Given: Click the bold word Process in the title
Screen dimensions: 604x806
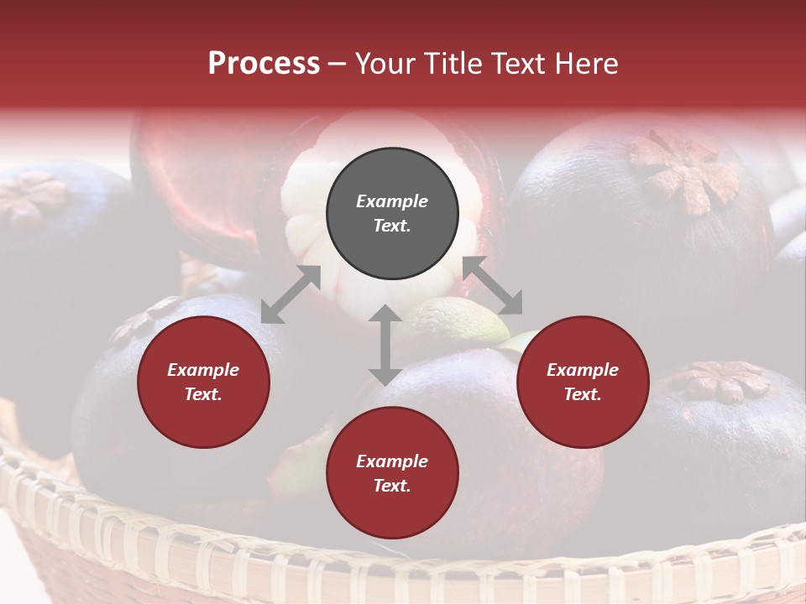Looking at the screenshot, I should (x=264, y=63).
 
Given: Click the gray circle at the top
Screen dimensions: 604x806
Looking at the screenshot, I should (x=392, y=213).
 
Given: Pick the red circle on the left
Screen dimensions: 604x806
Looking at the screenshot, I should (x=203, y=382).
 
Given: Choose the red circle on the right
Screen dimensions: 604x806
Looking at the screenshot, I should (x=583, y=382).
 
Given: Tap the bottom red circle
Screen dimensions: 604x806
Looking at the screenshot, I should (x=392, y=473).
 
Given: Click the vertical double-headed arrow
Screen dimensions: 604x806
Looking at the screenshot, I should (x=385, y=345).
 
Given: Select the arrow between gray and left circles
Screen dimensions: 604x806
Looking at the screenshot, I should (x=290, y=294).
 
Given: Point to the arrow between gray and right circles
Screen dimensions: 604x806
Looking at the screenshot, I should (x=493, y=285).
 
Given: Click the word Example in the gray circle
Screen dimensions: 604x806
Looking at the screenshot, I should (x=392, y=201).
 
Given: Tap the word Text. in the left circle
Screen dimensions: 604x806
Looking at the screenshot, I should (x=203, y=394).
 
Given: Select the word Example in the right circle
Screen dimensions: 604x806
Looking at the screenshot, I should (x=583, y=370).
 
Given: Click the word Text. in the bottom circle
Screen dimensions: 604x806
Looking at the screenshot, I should (x=392, y=486).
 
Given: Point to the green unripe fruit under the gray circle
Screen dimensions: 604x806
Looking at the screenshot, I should (x=449, y=319).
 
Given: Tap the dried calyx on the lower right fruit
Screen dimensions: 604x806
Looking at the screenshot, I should (x=720, y=382).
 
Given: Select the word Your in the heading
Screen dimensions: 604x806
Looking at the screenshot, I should (x=385, y=63).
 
